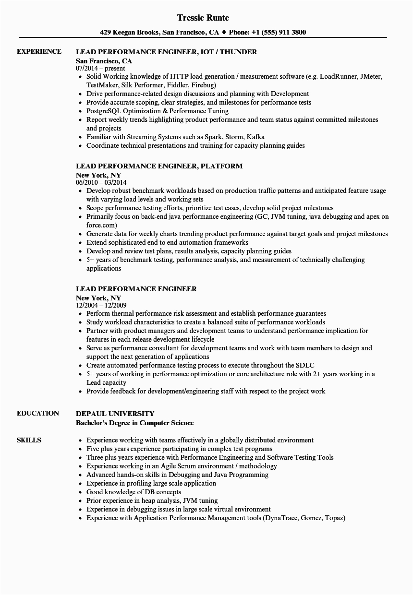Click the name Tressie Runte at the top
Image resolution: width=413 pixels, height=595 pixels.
[x=203, y=18]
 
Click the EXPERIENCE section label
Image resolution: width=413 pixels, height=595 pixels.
[x=39, y=51]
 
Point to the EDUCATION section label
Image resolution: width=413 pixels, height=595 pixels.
[x=38, y=413]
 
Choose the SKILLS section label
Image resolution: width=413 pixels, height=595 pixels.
[x=29, y=440]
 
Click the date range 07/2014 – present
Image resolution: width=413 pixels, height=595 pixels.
[x=100, y=69]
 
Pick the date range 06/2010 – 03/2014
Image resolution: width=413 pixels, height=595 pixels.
[x=101, y=183]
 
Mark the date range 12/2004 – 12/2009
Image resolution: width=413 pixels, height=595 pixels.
[x=101, y=306]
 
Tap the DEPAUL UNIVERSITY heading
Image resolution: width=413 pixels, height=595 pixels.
[x=115, y=414]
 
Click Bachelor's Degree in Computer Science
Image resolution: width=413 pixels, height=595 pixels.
[x=134, y=423]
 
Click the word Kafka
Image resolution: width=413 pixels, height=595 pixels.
[x=255, y=137]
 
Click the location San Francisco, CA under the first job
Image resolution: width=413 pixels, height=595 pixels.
[x=104, y=61]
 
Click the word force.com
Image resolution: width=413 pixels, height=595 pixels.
[x=102, y=225]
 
